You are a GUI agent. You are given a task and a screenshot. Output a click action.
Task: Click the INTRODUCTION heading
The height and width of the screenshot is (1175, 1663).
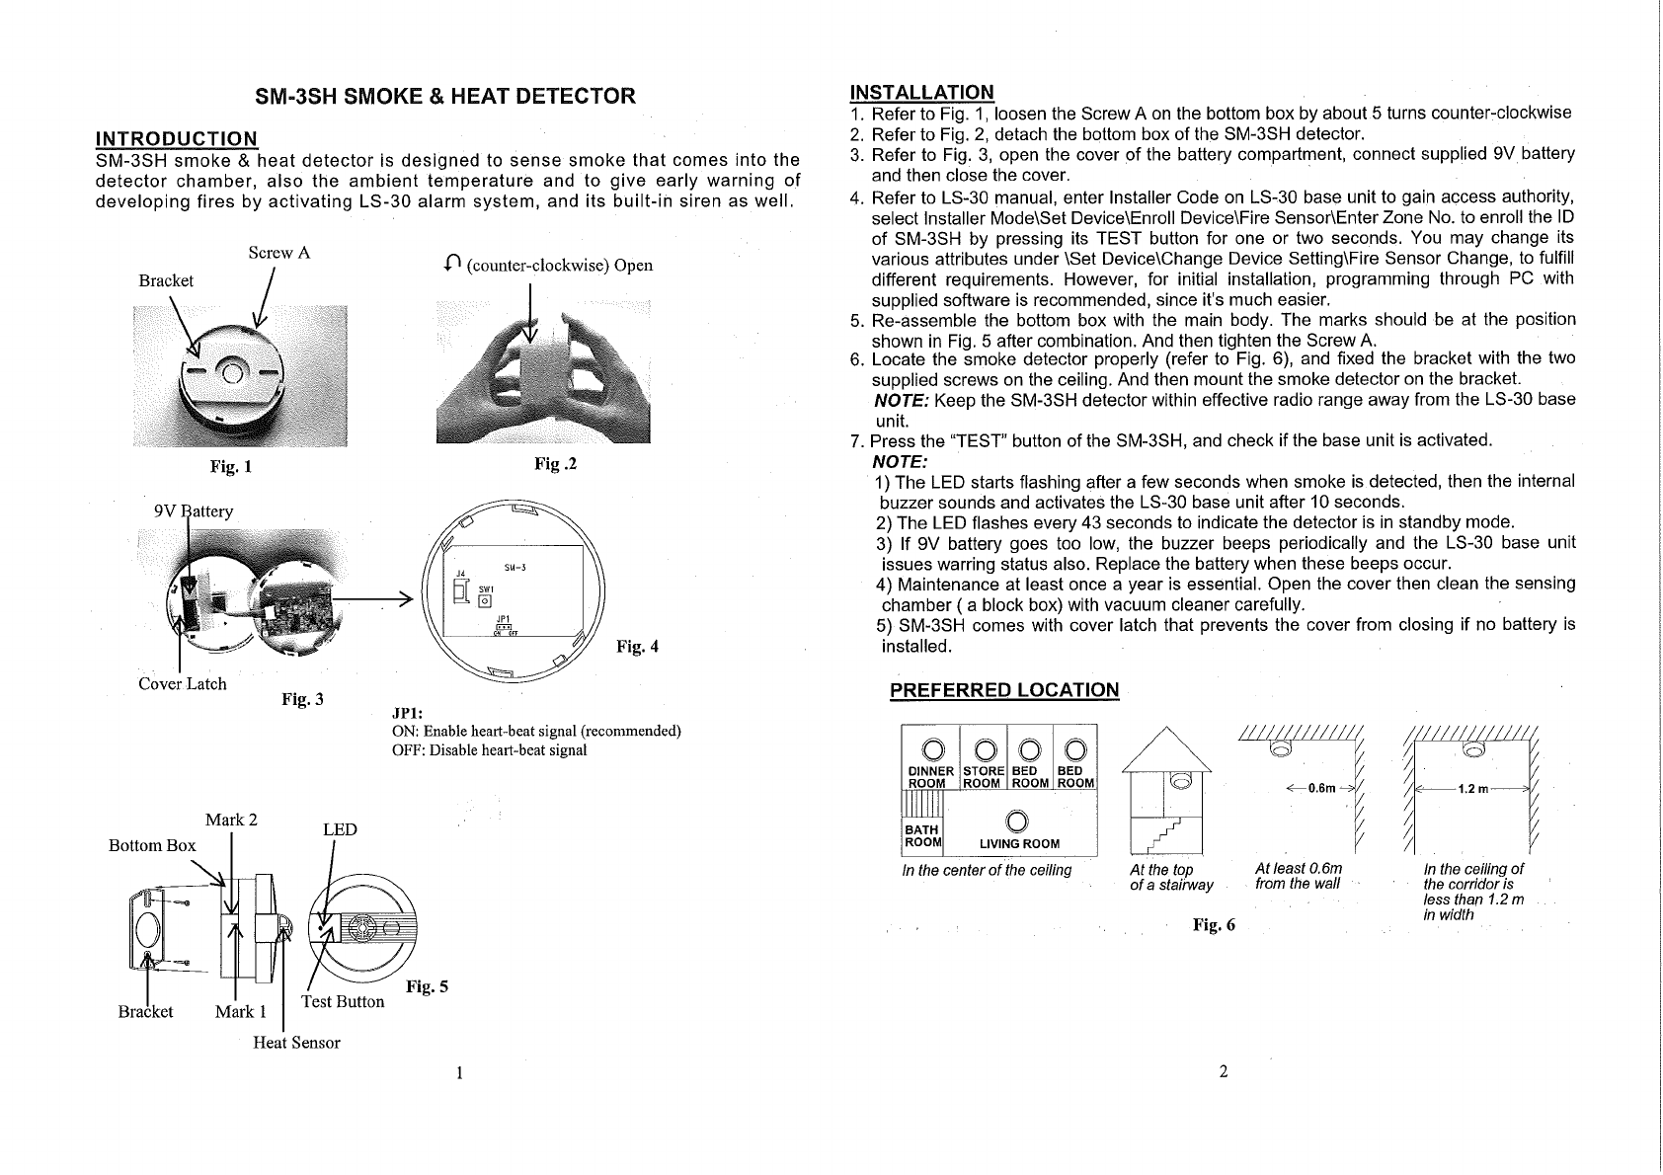click(176, 138)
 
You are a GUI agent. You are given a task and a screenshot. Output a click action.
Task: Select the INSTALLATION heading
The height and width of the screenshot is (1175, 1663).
click(921, 93)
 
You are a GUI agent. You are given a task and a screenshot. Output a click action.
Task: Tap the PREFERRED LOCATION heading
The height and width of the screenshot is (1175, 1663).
click(1004, 690)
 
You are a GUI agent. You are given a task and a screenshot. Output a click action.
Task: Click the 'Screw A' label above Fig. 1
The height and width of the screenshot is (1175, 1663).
click(279, 253)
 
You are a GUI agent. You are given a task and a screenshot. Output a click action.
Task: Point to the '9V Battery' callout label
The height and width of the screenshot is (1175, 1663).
click(194, 510)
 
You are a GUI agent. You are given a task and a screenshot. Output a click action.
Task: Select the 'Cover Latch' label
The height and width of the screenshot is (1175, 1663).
click(182, 683)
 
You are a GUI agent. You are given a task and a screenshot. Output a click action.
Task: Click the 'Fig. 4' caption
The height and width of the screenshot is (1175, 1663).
click(637, 647)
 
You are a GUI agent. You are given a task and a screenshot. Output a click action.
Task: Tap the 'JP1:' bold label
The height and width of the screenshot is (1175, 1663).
click(408, 713)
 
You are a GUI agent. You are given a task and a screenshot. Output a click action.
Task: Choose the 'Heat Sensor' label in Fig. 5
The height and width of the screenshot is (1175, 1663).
click(296, 1043)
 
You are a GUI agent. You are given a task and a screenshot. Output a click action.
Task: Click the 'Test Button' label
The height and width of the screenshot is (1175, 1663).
click(343, 1001)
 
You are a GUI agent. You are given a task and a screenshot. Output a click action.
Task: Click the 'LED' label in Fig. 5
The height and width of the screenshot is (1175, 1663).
click(340, 829)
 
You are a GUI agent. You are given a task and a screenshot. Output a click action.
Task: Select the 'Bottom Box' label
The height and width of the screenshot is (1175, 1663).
click(152, 845)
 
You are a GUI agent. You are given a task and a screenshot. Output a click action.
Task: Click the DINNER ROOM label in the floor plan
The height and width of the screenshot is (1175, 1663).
click(929, 777)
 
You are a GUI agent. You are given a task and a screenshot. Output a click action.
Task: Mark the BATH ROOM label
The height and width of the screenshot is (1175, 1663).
click(923, 836)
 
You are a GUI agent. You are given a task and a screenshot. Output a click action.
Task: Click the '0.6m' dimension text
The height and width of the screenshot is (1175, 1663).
click(1320, 789)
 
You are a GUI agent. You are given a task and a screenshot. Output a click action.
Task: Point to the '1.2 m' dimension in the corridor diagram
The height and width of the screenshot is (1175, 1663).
click(1473, 789)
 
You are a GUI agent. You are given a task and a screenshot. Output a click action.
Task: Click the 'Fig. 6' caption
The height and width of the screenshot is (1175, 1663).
click(1214, 924)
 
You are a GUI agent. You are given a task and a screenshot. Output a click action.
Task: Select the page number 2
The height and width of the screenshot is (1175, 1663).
click(1223, 1072)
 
